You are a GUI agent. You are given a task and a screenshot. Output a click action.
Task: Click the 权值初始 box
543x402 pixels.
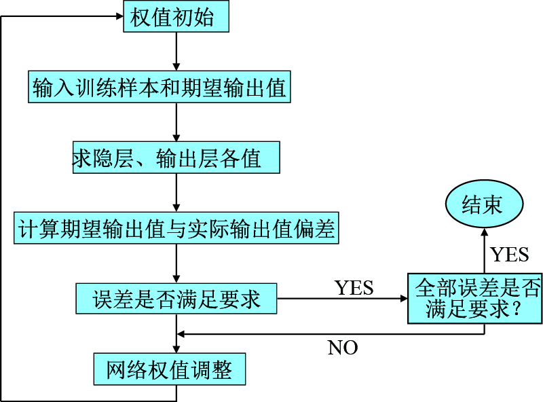176,16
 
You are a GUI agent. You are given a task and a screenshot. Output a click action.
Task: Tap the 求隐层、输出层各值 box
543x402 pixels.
176,158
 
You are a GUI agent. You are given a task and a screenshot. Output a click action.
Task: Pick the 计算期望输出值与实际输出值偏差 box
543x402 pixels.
176,228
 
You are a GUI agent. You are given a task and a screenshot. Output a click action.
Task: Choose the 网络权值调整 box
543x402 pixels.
169,370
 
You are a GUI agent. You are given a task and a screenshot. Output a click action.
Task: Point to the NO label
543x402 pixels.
343,348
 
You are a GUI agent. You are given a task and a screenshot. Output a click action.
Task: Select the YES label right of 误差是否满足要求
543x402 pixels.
354,287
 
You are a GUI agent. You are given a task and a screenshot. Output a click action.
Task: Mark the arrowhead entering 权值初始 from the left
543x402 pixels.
117,16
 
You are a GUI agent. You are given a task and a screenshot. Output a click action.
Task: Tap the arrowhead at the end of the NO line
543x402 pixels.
181,333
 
